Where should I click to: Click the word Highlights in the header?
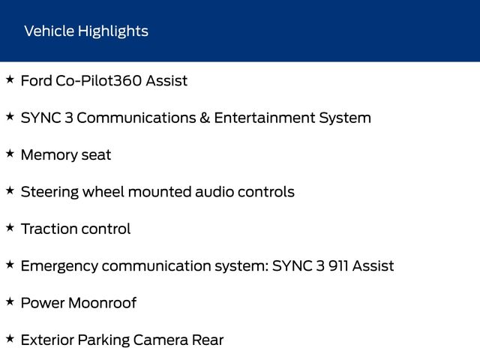click(x=113, y=31)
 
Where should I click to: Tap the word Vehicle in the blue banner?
click(x=49, y=31)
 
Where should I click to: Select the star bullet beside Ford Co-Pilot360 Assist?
click(x=10, y=79)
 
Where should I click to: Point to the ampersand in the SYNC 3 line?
click(x=205, y=118)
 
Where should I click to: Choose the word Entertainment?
click(x=265, y=118)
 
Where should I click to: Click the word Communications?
click(x=136, y=118)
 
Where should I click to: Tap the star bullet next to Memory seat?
click(x=10, y=154)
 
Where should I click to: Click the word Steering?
click(x=49, y=193)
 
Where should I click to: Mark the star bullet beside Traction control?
click(x=10, y=228)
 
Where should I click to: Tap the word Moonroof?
click(x=103, y=303)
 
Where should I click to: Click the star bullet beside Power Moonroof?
click(x=10, y=301)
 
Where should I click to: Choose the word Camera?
click(x=160, y=340)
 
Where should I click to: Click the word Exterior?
click(x=47, y=340)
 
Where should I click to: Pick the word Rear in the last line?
click(x=208, y=340)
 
